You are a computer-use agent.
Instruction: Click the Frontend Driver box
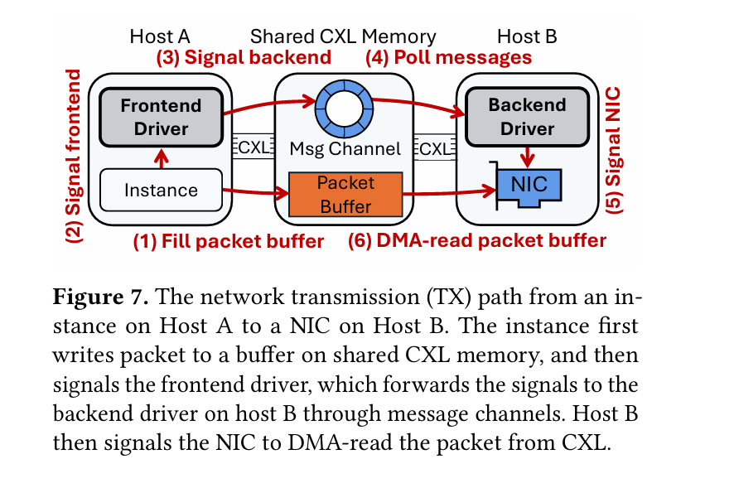point(161,117)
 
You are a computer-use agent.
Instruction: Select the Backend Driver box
point(527,117)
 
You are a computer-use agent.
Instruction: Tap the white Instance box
point(161,190)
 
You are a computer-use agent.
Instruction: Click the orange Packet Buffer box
point(345,195)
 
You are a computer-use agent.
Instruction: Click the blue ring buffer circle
point(344,107)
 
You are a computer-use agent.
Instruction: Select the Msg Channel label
point(345,150)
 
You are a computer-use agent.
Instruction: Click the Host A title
point(160,36)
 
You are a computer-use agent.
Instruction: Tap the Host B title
point(527,36)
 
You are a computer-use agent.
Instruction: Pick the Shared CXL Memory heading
point(343,36)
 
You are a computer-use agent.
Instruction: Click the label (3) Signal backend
point(244,57)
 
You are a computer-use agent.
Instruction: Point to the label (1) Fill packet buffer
point(229,242)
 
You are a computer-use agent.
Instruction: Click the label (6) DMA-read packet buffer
point(476,242)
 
